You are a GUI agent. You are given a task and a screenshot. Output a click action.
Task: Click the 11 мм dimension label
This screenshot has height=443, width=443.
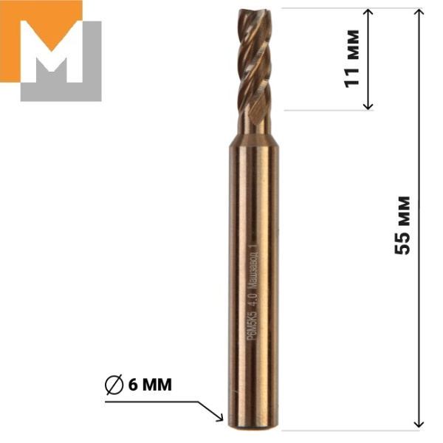click(x=353, y=58)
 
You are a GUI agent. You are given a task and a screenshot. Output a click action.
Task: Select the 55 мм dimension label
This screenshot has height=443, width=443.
click(x=402, y=224)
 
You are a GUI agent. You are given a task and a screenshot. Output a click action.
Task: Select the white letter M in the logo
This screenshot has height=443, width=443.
click(x=59, y=55)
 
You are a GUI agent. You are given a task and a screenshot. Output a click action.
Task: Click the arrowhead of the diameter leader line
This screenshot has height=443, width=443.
click(x=220, y=419)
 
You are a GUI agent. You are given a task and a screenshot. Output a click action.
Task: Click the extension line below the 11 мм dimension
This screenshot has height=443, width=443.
click(x=325, y=111)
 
